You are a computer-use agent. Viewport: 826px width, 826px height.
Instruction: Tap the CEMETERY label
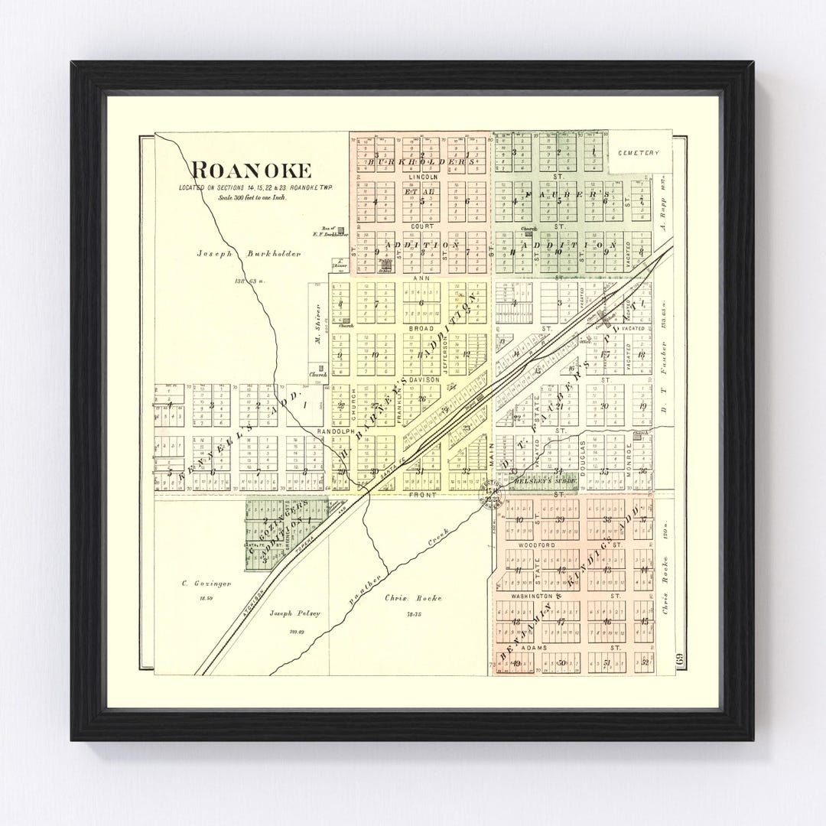click(x=638, y=153)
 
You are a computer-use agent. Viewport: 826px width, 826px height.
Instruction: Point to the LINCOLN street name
click(x=422, y=177)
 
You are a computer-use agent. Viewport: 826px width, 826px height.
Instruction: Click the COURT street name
click(x=421, y=226)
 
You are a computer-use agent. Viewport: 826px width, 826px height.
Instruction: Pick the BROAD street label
click(x=421, y=328)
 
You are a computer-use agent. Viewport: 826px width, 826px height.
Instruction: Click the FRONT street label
click(x=423, y=495)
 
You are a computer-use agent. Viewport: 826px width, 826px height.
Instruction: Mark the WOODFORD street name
click(x=535, y=545)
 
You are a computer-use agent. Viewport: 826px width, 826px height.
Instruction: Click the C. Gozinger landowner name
click(x=195, y=584)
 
